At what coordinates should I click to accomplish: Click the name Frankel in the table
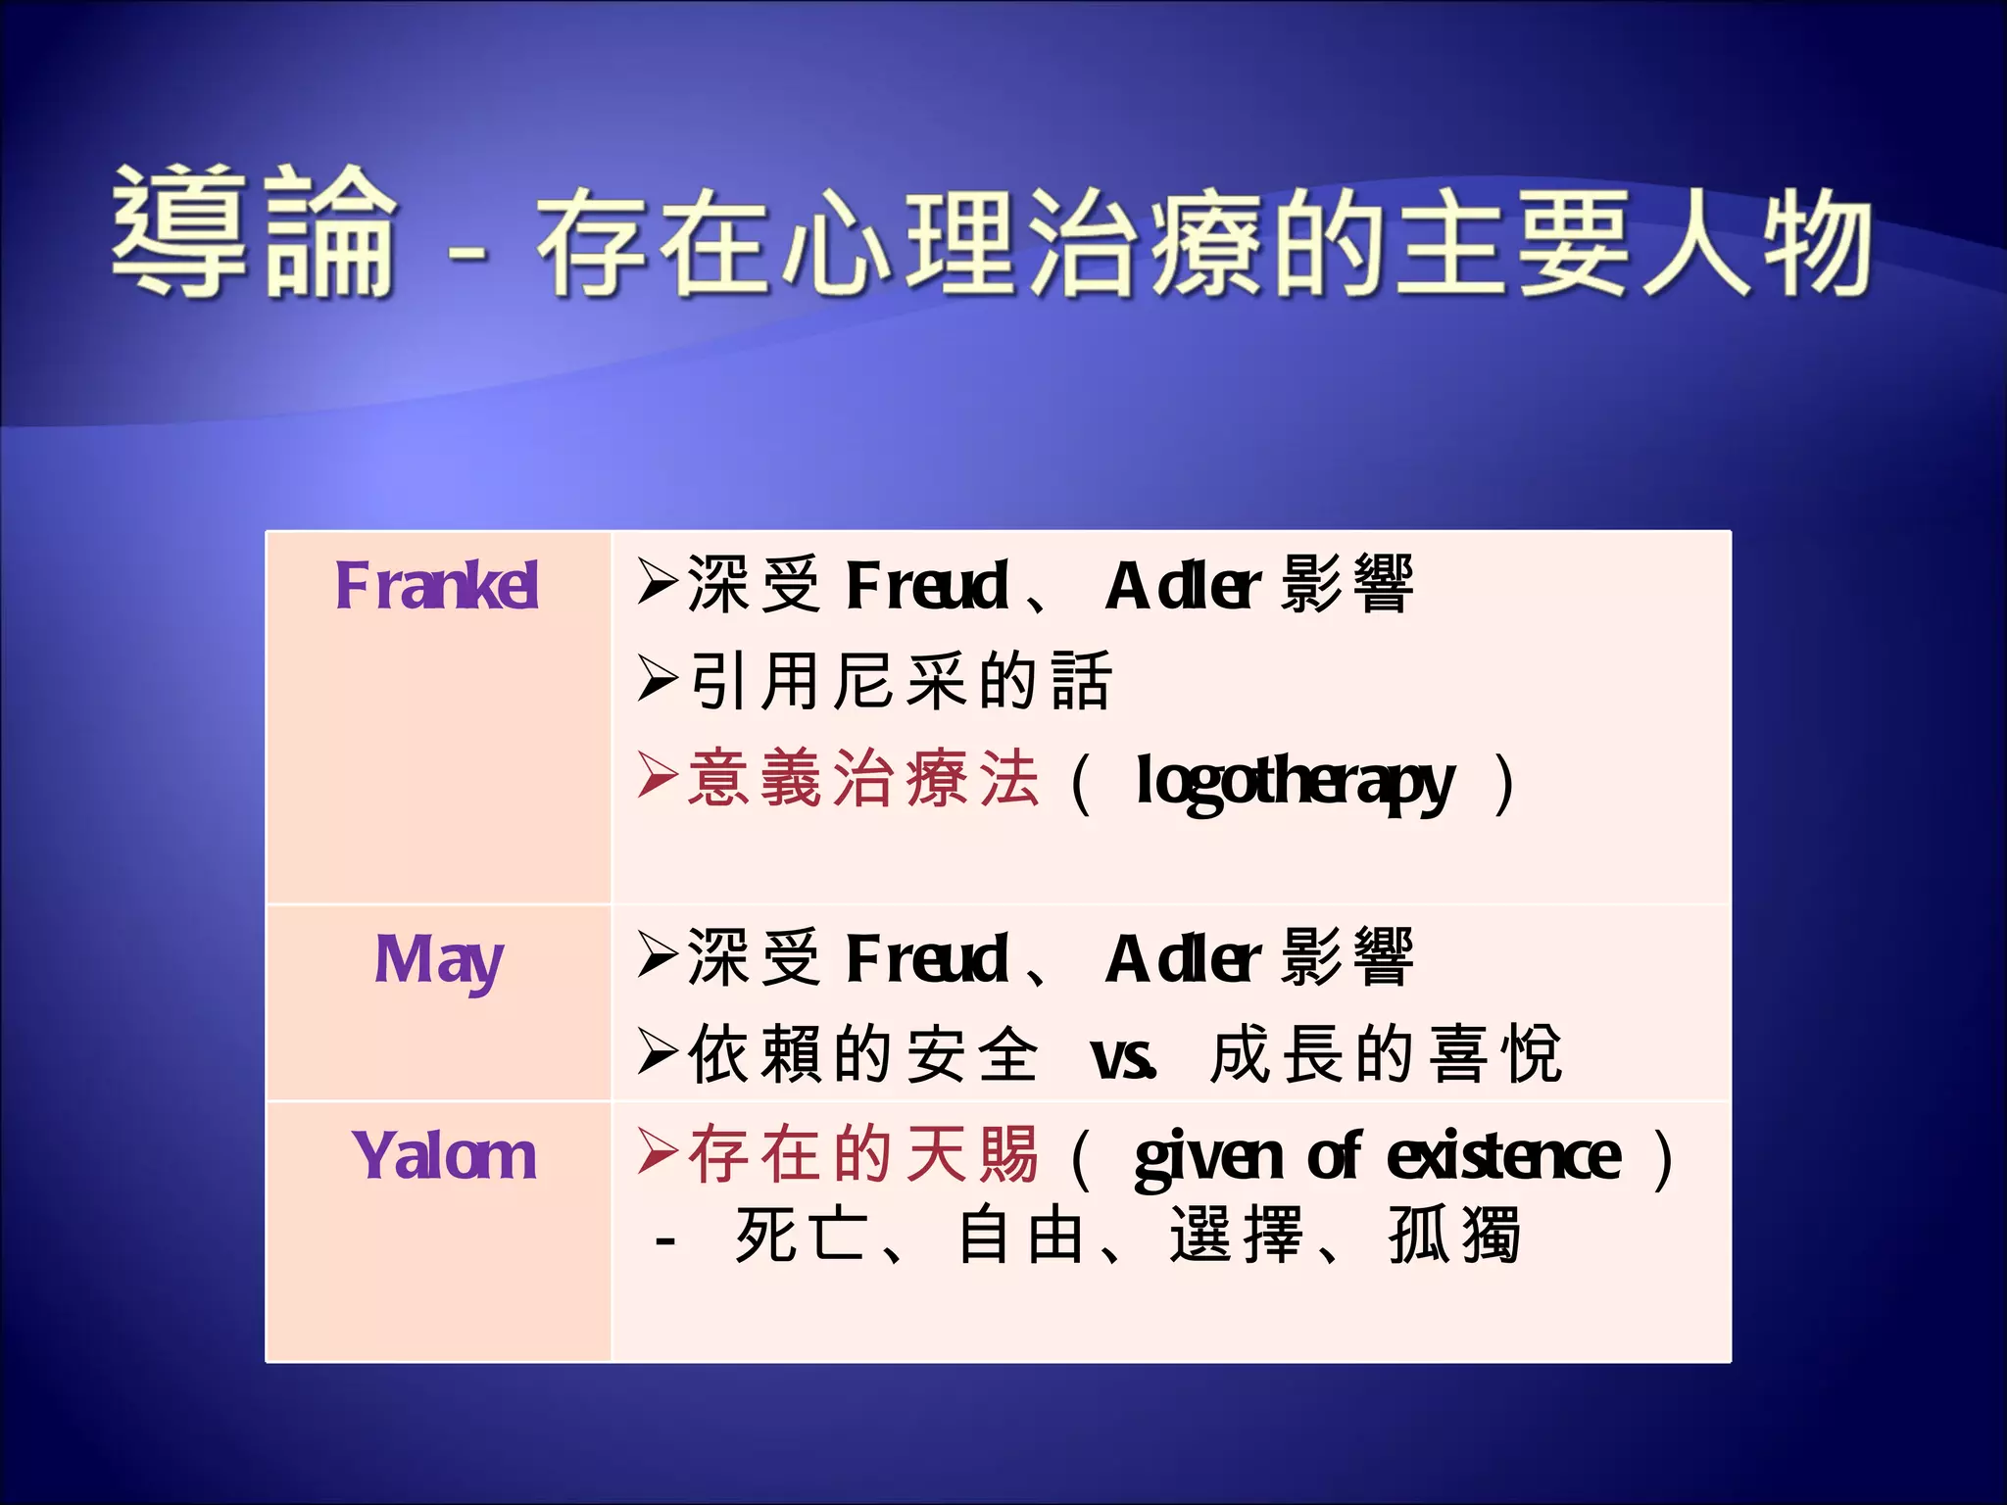(437, 586)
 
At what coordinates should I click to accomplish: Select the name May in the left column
(439, 960)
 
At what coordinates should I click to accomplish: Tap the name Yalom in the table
(444, 1156)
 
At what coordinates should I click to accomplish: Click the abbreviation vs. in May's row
(1123, 1057)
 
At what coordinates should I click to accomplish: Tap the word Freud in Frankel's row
(927, 586)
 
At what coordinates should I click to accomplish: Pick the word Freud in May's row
(927, 959)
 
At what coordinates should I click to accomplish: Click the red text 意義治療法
(862, 779)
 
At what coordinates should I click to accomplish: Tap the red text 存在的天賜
(862, 1154)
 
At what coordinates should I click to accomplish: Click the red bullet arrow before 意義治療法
(657, 776)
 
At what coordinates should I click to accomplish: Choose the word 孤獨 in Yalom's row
(1455, 1237)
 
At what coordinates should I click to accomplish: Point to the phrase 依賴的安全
(862, 1055)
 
